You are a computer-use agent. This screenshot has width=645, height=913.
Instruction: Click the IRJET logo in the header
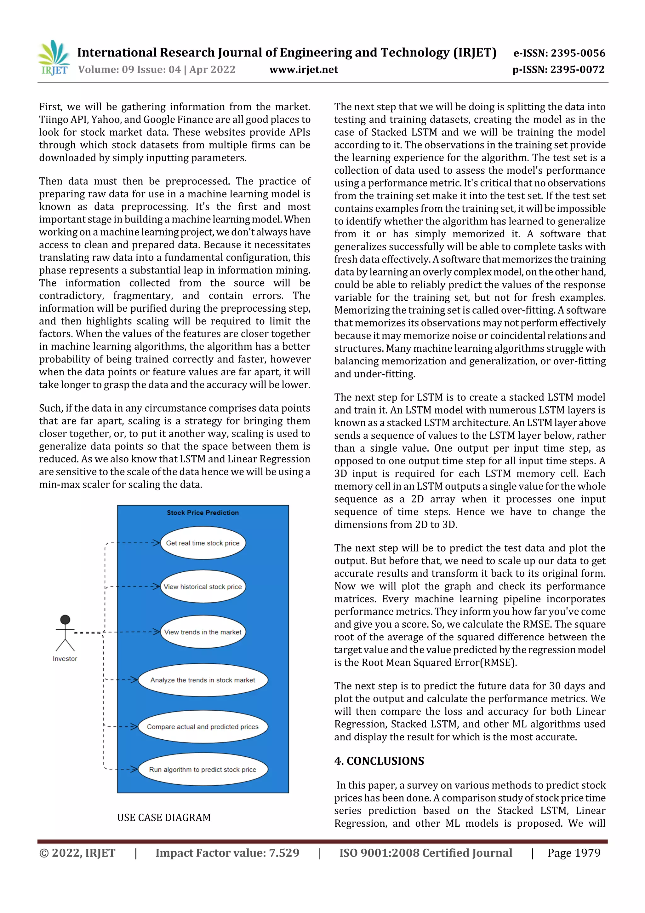click(54, 58)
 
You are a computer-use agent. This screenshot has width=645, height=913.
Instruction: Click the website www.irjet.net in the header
click(304, 70)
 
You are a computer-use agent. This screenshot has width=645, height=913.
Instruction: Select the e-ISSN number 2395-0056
click(578, 53)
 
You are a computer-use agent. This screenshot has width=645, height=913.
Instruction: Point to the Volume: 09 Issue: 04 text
click(129, 70)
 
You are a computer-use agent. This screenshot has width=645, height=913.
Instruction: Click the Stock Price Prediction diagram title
click(203, 512)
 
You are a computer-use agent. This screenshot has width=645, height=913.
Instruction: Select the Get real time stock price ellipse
click(203, 543)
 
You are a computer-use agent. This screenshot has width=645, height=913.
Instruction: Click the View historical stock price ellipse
click(203, 587)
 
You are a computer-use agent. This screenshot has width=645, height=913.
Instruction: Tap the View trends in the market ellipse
click(203, 632)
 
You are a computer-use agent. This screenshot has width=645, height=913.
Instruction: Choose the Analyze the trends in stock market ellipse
click(203, 680)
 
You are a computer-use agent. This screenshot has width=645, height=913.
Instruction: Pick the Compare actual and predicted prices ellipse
click(203, 726)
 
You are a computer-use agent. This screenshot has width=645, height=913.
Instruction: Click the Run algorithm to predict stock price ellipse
click(203, 770)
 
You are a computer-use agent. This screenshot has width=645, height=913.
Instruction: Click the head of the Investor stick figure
click(65, 620)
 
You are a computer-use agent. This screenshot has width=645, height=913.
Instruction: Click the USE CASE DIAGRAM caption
click(164, 818)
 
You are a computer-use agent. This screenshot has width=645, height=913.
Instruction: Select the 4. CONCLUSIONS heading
click(379, 761)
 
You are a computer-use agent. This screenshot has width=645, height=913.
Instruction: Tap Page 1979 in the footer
click(574, 853)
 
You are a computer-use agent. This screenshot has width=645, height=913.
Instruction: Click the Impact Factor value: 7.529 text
click(227, 853)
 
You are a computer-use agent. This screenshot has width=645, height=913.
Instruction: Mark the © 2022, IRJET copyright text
click(77, 853)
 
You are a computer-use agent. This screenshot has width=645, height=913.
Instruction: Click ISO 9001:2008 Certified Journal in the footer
click(425, 853)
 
